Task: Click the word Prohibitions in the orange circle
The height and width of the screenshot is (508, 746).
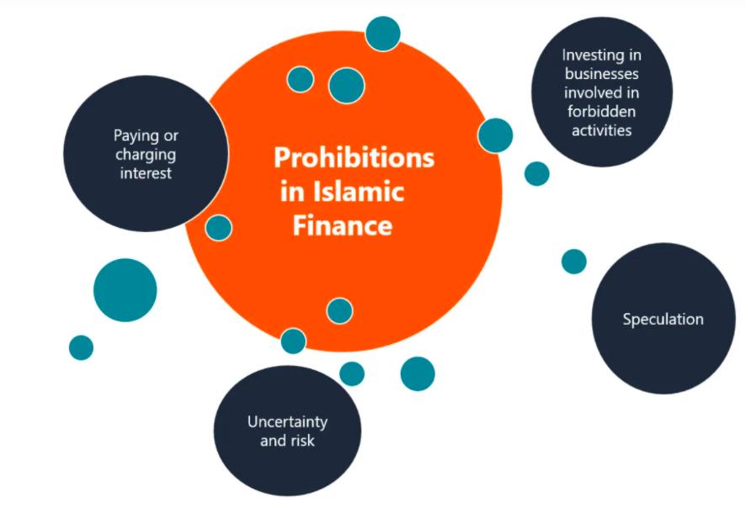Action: (x=354, y=158)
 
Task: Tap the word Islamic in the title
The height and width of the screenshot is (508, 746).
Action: (x=358, y=192)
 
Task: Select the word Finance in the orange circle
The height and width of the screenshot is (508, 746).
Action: (x=343, y=225)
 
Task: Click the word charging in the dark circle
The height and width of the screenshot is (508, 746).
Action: (x=146, y=155)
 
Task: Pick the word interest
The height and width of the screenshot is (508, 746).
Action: (x=146, y=173)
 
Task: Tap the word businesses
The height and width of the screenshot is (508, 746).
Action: (x=601, y=74)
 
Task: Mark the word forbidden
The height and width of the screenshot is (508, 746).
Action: (x=601, y=111)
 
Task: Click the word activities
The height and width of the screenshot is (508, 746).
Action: (x=601, y=130)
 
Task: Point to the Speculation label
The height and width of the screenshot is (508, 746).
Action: (x=663, y=320)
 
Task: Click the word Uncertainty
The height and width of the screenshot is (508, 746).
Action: (x=287, y=422)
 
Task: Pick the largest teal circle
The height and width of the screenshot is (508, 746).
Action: (x=125, y=290)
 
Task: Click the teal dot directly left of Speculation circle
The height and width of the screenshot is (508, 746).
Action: (x=573, y=262)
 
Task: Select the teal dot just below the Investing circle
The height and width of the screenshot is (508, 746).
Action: (x=536, y=173)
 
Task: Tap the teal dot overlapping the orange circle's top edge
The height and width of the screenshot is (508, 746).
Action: (x=383, y=34)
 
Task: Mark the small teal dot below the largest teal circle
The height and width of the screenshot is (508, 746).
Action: (x=81, y=347)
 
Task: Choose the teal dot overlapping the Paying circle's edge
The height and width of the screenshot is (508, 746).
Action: (x=218, y=228)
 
